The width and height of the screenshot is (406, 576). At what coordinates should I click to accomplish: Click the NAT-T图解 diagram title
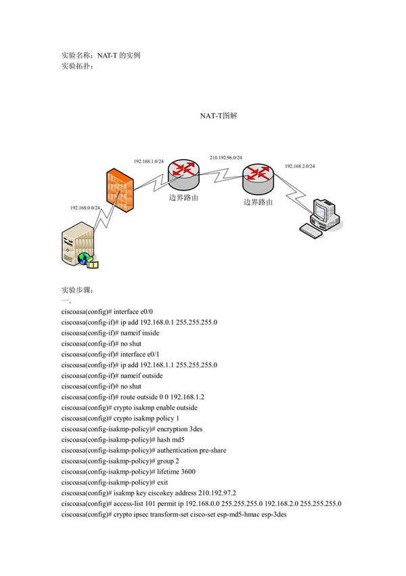pos(218,116)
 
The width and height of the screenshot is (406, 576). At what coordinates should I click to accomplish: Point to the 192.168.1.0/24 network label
pos(148,161)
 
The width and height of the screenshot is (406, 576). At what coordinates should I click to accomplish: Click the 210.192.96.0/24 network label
pos(225,157)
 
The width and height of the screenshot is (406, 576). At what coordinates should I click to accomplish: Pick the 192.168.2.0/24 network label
pos(299,166)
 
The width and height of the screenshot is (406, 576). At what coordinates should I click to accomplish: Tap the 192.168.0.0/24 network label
pos(85,208)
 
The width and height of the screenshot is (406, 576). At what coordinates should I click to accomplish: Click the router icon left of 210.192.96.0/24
pos(183,174)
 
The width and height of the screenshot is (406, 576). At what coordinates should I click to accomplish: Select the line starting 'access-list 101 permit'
pos(201,504)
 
